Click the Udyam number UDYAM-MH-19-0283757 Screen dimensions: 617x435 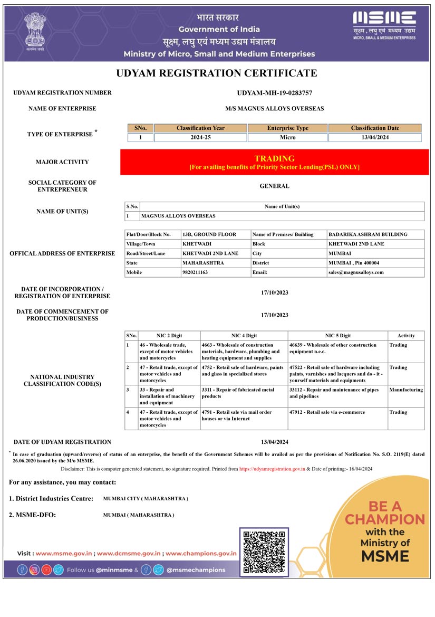click(x=274, y=93)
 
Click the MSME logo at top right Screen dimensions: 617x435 click(x=384, y=25)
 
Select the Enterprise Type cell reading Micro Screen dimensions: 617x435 click(x=288, y=138)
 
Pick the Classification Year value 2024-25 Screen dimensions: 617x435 click(x=200, y=138)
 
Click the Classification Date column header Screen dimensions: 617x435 click(x=375, y=128)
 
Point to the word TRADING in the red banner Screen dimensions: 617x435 click(x=274, y=158)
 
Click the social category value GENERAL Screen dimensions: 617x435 click(x=274, y=186)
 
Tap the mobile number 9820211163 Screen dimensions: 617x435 click(x=195, y=272)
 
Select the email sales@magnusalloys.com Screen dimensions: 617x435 click(x=356, y=272)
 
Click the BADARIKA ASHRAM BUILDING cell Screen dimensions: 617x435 click(x=368, y=234)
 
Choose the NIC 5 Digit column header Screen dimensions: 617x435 click(x=337, y=336)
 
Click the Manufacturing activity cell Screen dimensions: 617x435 click(x=406, y=390)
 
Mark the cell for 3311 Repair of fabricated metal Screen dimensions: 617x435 click(x=244, y=393)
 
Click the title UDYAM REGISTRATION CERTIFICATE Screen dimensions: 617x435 click(x=217, y=73)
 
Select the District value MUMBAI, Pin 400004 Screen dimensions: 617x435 click(x=354, y=263)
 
